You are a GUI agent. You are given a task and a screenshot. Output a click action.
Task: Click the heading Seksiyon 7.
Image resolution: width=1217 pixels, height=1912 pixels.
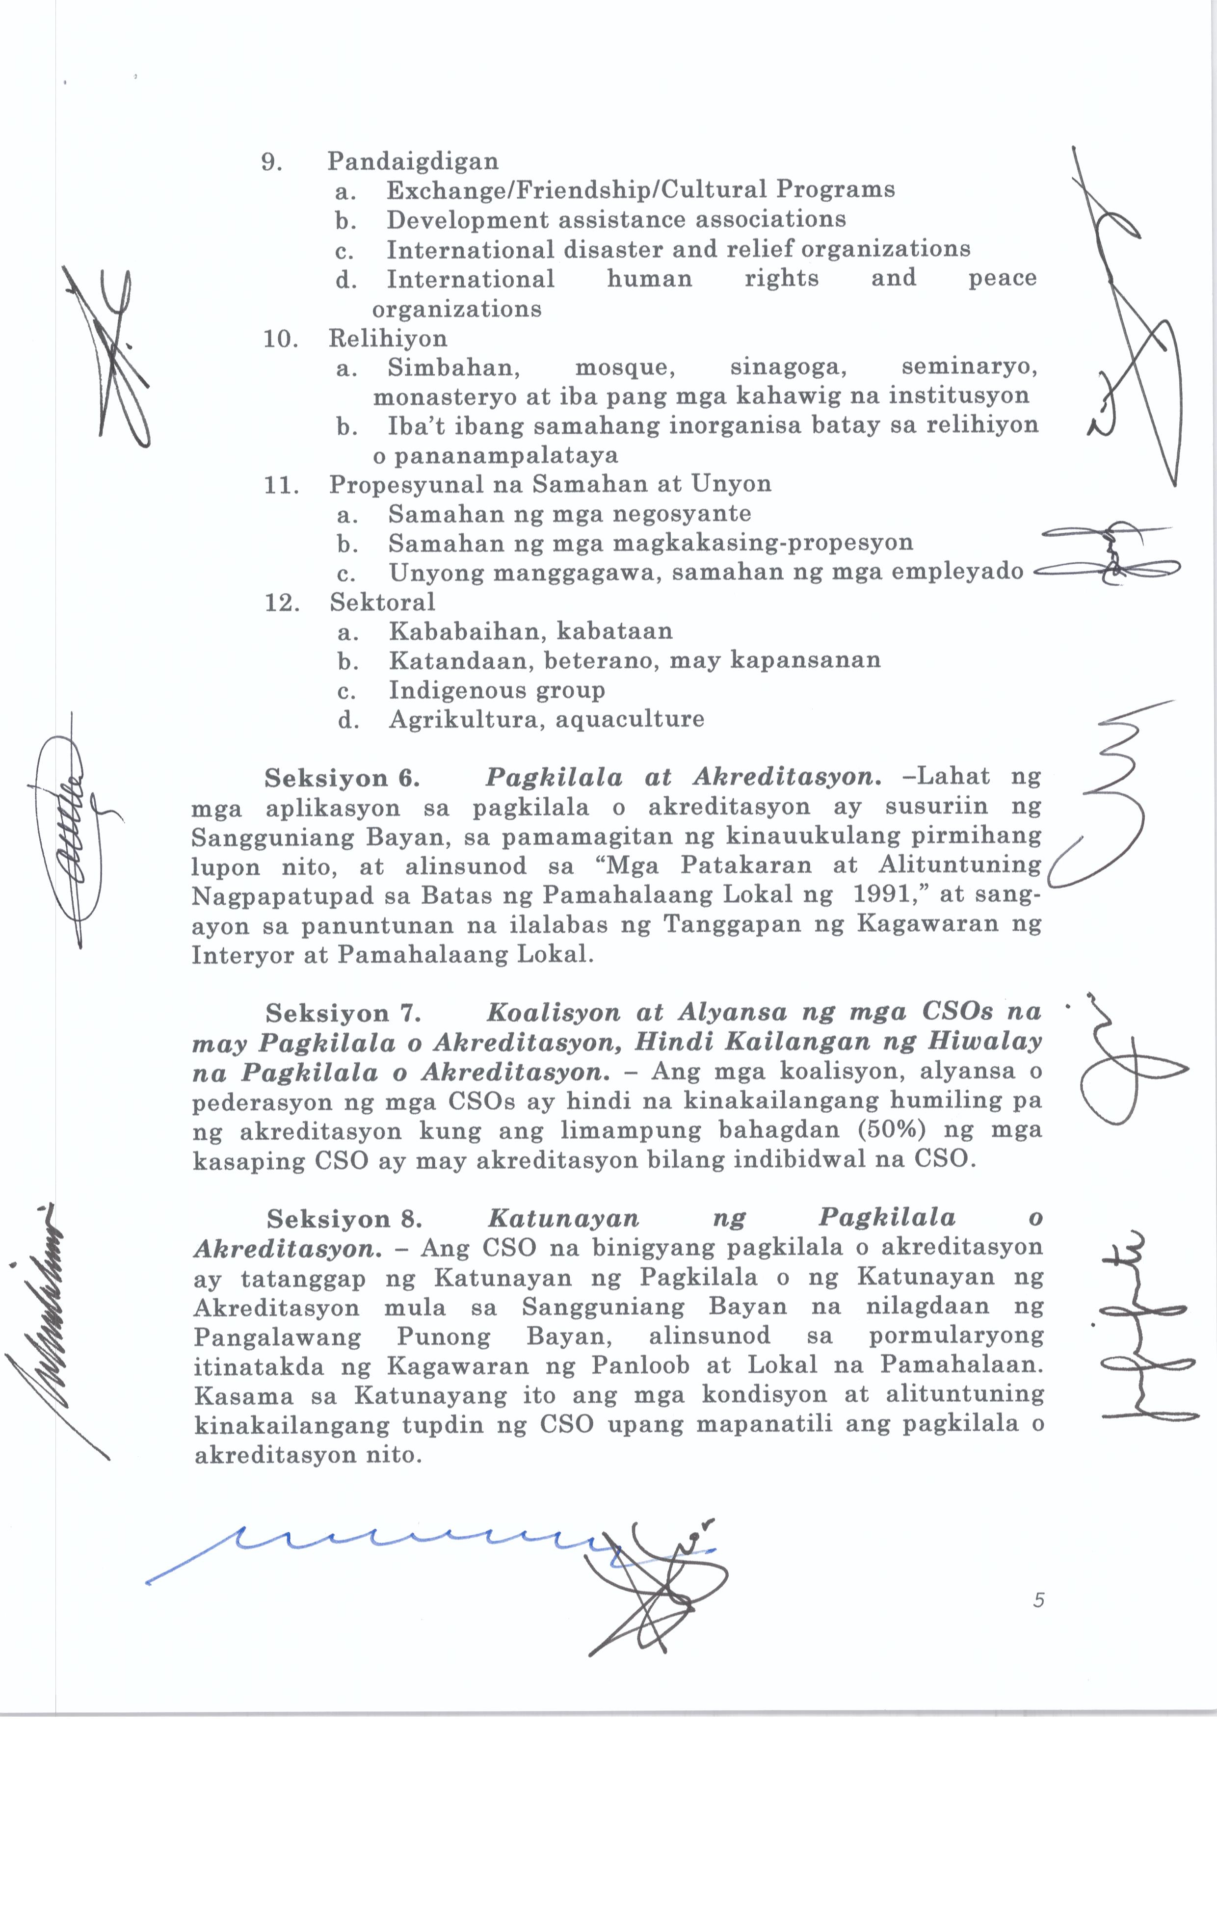point(343,1013)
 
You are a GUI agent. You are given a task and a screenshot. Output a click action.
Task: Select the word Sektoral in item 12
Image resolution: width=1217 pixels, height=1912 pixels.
point(383,602)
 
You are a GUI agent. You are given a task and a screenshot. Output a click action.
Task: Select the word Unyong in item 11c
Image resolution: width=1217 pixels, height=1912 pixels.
point(436,573)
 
